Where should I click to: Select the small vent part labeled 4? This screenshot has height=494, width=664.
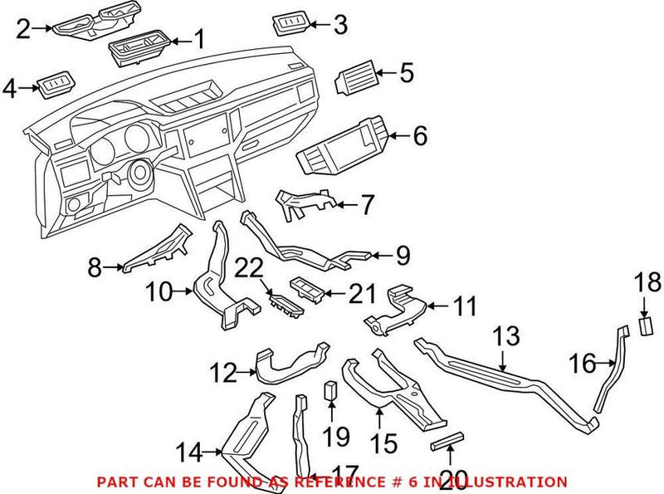[x=56, y=84]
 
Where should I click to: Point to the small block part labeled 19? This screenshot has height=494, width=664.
[x=330, y=391]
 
